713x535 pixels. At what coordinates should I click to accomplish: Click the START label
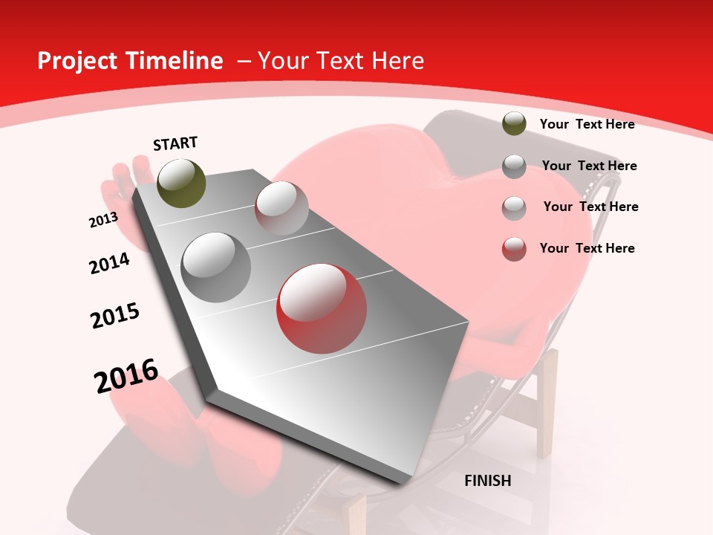coord(175,143)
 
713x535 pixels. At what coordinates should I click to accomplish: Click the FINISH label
coord(488,481)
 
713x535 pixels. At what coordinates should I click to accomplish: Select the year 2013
coord(103,220)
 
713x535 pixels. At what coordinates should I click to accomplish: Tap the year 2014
coord(109,263)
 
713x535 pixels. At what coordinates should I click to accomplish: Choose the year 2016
coord(126,376)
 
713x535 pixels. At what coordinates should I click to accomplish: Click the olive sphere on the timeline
coord(181,183)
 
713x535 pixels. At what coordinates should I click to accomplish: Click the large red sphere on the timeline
coord(322,308)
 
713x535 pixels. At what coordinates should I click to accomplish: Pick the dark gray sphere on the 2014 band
coord(215,267)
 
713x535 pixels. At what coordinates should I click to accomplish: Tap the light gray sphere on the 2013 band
coord(281,208)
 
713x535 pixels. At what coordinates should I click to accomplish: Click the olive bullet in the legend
coord(514,123)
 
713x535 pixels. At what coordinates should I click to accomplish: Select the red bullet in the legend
coord(514,249)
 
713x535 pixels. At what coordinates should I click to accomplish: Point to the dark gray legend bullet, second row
coord(514,166)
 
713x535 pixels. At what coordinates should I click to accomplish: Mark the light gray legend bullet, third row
coord(514,207)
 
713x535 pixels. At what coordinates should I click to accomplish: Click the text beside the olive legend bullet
coord(587,124)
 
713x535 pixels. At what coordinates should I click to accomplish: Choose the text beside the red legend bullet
coord(587,248)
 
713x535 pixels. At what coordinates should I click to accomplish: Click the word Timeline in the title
coord(176,61)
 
